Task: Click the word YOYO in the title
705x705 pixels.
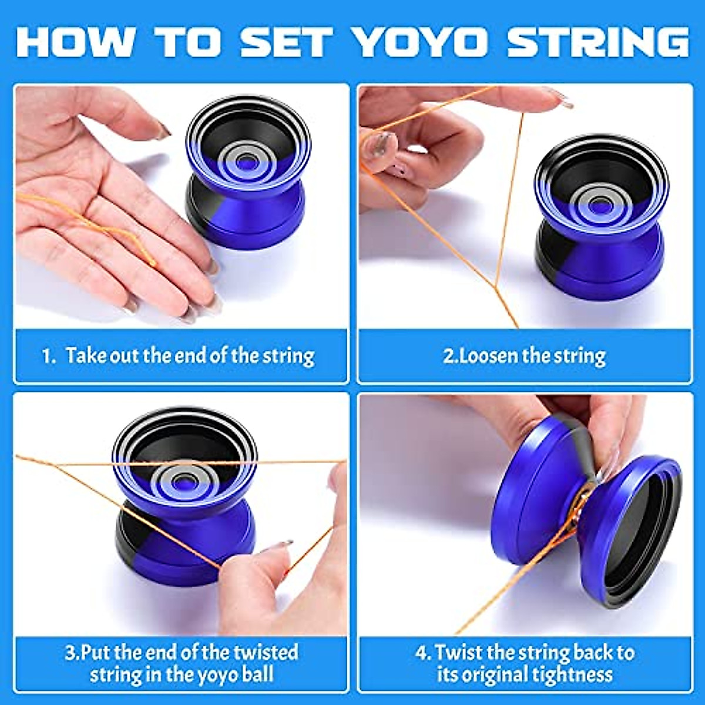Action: coord(421,42)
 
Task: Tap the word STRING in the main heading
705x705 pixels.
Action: coord(597,42)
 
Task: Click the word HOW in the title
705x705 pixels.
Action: coord(75,42)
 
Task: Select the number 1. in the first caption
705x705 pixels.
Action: coord(49,356)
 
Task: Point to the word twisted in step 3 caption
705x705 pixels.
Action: coord(266,653)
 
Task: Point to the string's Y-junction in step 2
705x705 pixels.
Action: coord(495,286)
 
